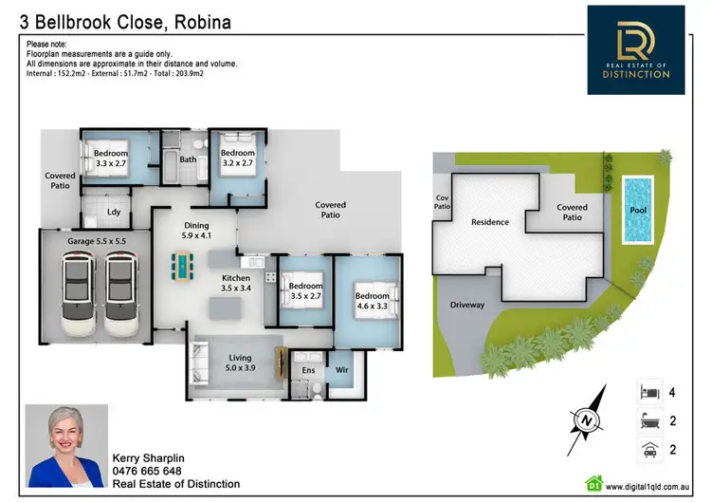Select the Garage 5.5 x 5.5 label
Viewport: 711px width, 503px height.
pos(97,242)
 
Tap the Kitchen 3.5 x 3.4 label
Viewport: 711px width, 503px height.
pos(228,282)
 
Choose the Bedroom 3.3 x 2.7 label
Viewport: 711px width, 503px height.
pos(110,158)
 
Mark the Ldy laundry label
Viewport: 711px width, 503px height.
pos(113,212)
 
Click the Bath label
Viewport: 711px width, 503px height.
pos(189,159)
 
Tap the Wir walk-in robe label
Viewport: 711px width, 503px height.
pos(342,370)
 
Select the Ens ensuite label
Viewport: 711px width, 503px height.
pos(308,370)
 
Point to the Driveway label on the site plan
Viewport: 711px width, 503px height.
pos(466,306)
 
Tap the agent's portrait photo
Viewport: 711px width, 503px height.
pos(65,446)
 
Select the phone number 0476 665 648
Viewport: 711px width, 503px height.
pos(147,471)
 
